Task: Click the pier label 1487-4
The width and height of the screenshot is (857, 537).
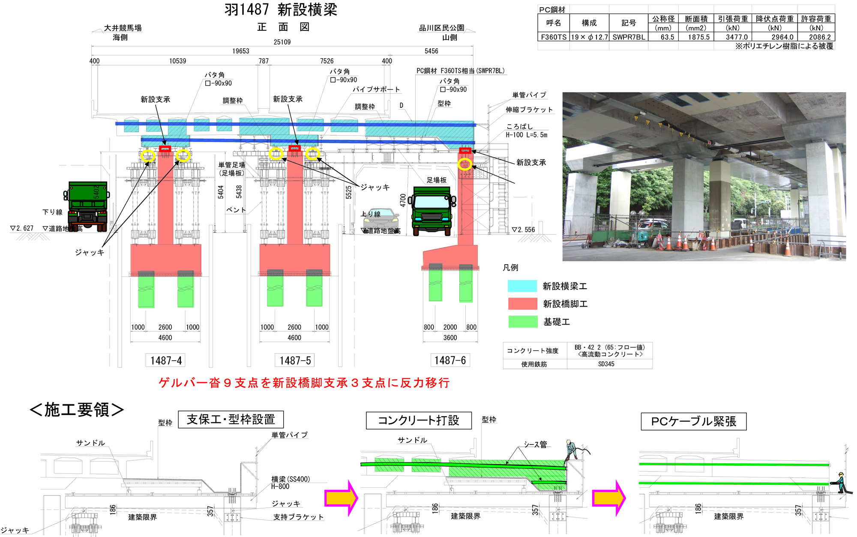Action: coord(166,361)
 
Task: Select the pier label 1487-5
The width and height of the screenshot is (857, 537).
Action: coord(295,361)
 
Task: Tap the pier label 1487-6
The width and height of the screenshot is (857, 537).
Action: coord(450,360)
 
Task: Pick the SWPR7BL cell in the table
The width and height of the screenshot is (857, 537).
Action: coord(629,37)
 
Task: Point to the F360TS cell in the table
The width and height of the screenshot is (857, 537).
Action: coord(553,37)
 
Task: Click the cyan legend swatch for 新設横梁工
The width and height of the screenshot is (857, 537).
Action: coord(522,286)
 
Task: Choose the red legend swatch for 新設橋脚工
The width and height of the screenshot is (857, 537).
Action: coord(522,304)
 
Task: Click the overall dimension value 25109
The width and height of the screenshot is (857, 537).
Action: coord(282,42)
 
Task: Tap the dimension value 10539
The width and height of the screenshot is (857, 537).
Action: coord(177,61)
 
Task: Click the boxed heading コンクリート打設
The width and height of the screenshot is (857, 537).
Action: coord(419,421)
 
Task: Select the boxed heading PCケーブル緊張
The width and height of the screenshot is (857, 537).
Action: coord(693,421)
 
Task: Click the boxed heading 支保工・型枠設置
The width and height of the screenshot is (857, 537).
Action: coord(231,420)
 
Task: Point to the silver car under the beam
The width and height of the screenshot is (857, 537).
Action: coord(381,219)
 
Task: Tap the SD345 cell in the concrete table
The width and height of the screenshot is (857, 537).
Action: coord(606,364)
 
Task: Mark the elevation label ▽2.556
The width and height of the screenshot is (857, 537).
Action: coord(524,230)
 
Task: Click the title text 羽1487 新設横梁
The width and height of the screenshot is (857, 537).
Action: coord(281,10)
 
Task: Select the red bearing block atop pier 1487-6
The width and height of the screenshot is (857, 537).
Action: coord(465,150)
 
